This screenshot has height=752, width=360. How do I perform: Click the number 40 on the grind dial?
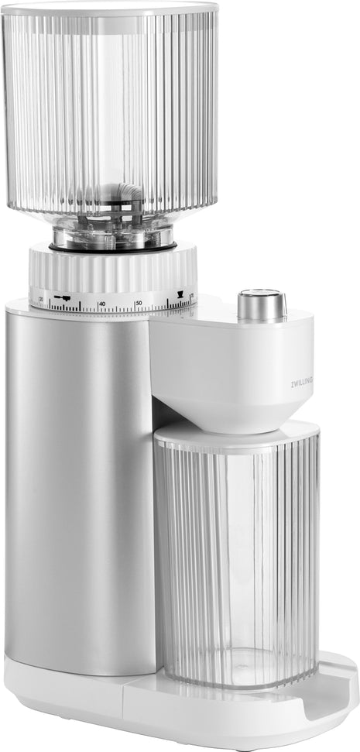[102, 303]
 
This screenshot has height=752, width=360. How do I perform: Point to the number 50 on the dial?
[139, 303]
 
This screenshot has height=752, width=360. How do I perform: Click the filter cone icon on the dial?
[180, 294]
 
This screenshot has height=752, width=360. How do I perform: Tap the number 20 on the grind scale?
[40, 298]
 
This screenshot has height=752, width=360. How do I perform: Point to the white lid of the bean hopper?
[110, 8]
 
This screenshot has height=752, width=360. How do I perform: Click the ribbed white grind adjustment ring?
[112, 271]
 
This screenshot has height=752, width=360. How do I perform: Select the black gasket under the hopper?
[112, 248]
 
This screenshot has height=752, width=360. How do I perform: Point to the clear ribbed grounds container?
[236, 558]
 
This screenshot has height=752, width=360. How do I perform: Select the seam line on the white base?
[124, 697]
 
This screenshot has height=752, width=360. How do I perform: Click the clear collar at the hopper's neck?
[112, 228]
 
